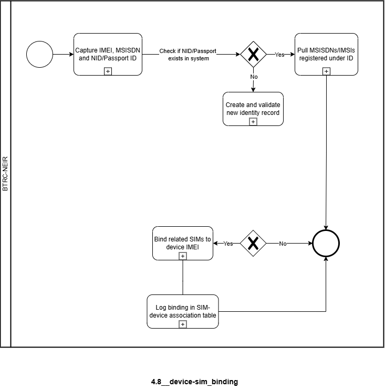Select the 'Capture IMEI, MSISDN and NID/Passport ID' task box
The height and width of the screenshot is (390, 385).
coord(108,54)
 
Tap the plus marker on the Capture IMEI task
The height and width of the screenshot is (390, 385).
coord(108,71)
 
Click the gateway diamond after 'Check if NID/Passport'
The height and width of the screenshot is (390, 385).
coord(253,54)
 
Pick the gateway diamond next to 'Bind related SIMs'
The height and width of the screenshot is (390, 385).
coord(253,243)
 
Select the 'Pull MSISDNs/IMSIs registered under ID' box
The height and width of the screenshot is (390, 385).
coord(326,54)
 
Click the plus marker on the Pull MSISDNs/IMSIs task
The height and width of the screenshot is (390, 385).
coord(326,71)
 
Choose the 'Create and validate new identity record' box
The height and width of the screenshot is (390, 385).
coord(253,109)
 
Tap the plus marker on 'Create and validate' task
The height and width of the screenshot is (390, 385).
coord(253,122)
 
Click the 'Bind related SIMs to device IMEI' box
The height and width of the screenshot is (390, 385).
coord(183,243)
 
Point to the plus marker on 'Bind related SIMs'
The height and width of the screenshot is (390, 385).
coord(183,256)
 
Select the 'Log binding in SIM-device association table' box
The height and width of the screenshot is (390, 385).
coord(183,311)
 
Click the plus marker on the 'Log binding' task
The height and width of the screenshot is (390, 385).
coord(183,324)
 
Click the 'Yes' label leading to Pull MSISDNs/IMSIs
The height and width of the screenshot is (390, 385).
coord(279,55)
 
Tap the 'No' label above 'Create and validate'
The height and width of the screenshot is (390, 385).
coord(254,77)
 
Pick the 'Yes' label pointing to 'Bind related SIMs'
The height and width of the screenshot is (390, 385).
coord(228,244)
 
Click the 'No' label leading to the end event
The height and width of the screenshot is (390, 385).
coord(283,244)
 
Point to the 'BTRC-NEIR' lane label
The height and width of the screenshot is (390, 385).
coord(5,174)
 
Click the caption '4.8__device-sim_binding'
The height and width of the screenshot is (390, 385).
coord(194,382)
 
